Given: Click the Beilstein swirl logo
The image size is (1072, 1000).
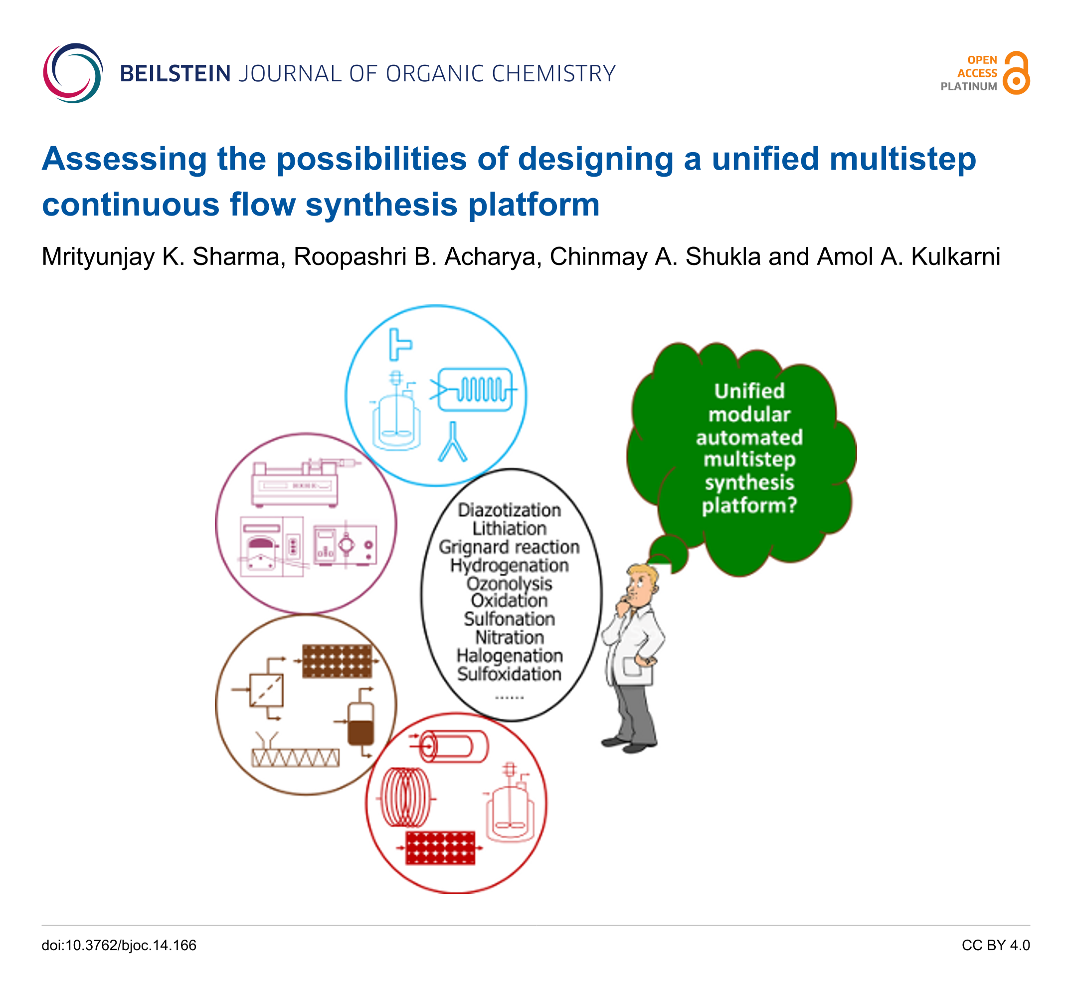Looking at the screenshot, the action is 73,73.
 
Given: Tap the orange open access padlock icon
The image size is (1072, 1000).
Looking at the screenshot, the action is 1017,73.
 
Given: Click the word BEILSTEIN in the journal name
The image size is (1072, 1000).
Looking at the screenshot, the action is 175,74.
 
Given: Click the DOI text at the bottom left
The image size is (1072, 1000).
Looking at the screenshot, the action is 119,946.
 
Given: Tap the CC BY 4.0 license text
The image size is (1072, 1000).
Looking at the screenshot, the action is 995,946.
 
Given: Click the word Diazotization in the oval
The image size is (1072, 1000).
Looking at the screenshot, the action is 510,510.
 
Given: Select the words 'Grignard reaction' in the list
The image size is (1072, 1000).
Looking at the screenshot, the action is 510,547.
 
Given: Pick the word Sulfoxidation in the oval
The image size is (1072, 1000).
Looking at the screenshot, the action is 510,674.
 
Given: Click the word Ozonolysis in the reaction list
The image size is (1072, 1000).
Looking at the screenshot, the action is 510,584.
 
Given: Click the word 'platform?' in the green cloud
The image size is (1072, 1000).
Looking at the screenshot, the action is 749,505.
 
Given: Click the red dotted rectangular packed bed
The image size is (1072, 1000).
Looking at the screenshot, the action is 440,848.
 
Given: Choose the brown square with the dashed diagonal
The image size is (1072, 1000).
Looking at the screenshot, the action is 266,690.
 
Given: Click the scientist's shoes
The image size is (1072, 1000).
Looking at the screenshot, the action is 629,744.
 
